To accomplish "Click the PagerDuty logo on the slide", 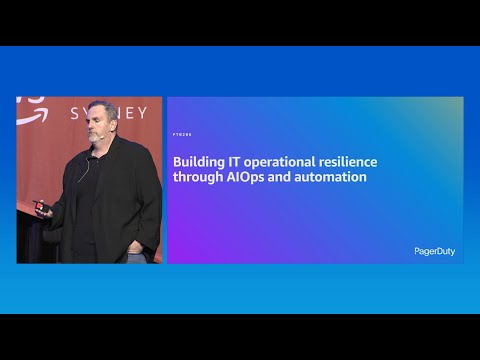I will coord(434,251).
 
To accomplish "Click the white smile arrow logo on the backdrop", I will coord(30,102).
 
